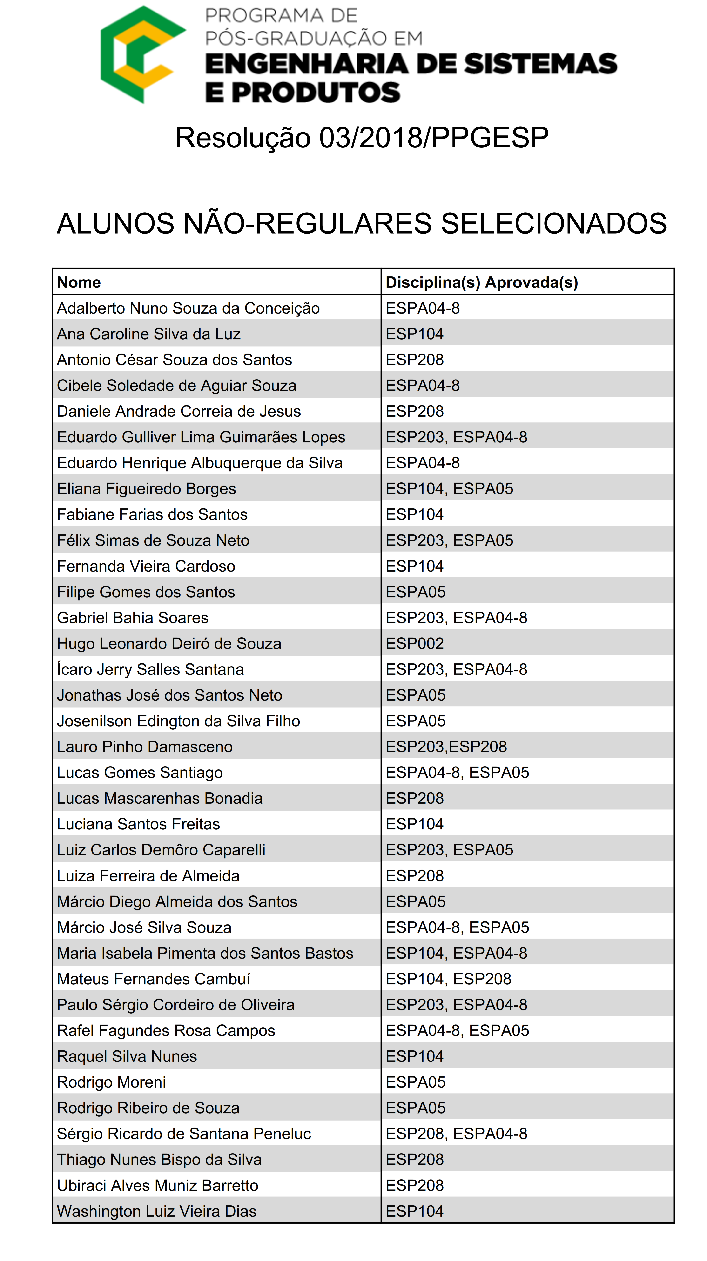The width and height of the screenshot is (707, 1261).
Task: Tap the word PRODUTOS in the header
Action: point(316,93)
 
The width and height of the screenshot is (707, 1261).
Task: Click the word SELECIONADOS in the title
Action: point(553,224)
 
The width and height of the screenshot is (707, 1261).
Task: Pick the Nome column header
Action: point(79,282)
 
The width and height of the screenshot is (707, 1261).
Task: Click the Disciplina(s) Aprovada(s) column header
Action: point(482,282)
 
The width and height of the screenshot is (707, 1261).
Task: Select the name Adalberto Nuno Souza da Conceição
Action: point(188,308)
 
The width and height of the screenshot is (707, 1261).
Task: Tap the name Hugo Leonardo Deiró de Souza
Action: point(169,644)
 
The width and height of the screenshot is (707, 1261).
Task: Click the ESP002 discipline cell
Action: point(415,644)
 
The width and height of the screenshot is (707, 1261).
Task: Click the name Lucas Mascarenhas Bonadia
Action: point(160,798)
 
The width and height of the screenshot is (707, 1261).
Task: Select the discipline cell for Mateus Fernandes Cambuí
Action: point(449,979)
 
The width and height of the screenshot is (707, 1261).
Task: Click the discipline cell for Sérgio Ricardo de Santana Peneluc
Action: point(456,1134)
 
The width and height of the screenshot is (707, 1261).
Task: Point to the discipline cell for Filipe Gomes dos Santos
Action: point(416,592)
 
